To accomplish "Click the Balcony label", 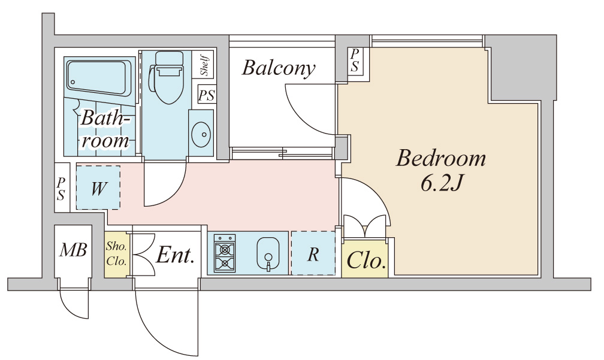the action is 279,68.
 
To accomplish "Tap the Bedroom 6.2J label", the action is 440,171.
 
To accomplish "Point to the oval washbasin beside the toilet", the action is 201,135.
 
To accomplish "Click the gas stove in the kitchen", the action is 224,253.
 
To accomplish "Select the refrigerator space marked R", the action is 313,253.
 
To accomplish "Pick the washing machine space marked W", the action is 98,187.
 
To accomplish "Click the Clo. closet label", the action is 366,261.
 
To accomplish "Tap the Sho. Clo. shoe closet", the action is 116,254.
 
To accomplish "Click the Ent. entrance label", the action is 174,255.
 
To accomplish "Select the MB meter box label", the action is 73,250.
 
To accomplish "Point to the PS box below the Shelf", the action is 206,95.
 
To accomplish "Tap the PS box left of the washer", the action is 62,188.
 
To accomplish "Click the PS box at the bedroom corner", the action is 354,61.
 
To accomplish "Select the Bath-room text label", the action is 104,129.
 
